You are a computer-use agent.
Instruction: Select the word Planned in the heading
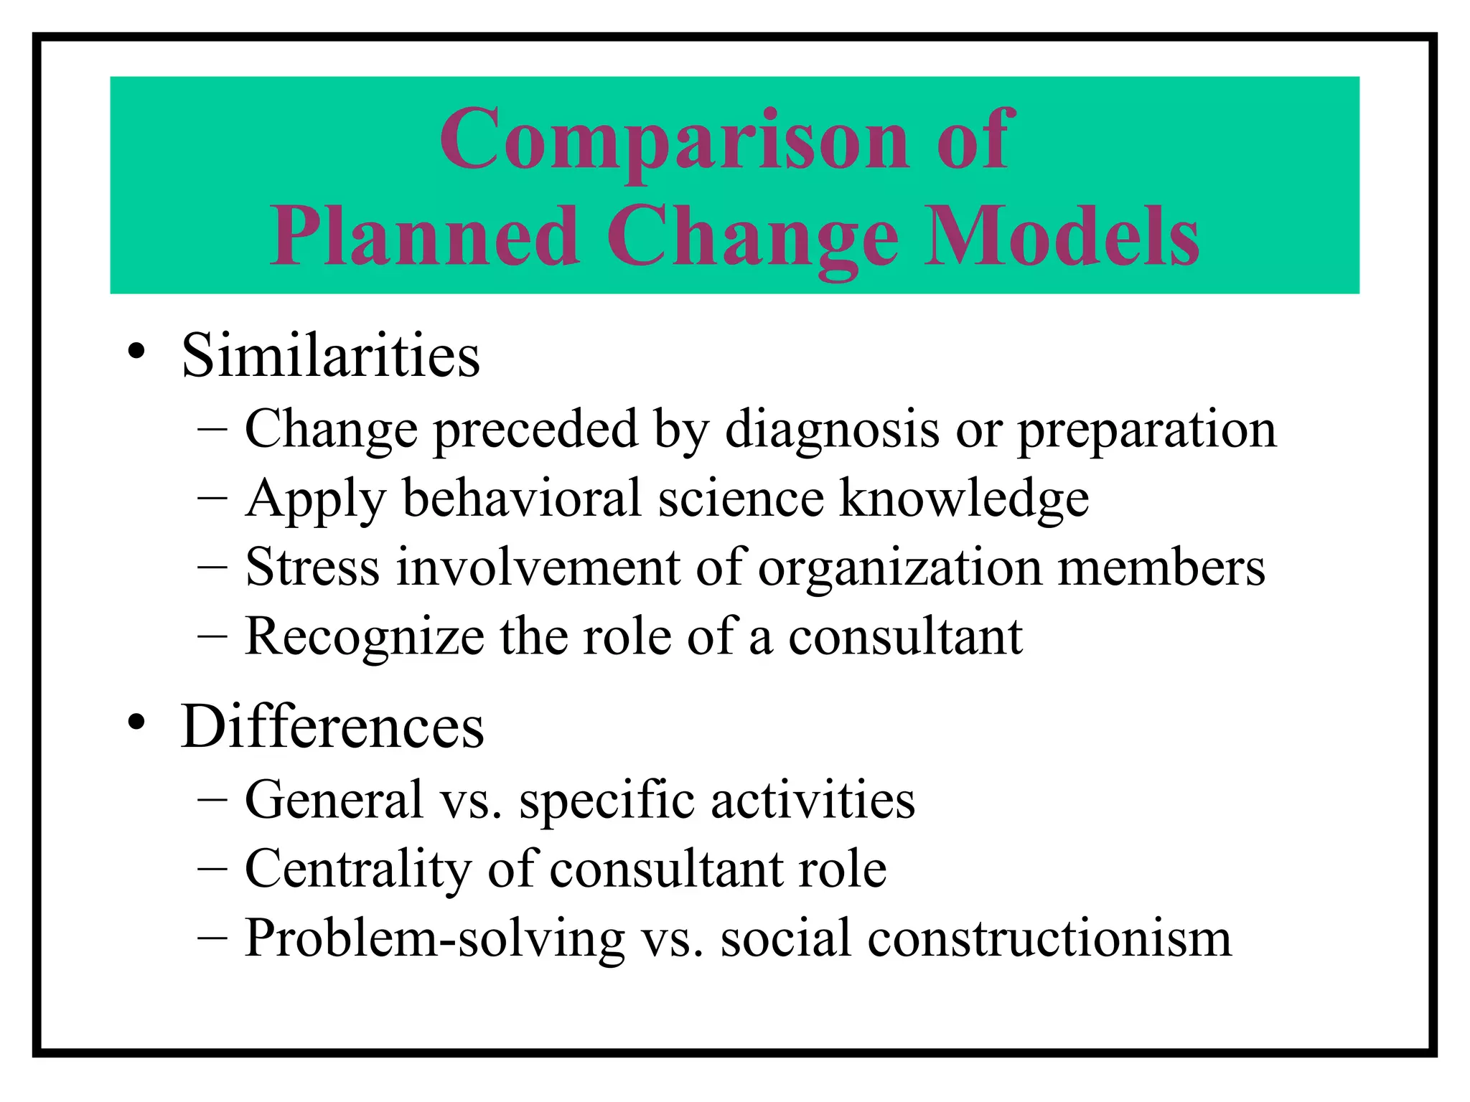[x=425, y=237]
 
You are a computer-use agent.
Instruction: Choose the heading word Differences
[x=332, y=726]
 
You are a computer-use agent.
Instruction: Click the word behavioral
[x=522, y=498]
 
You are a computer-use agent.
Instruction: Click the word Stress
[x=312, y=567]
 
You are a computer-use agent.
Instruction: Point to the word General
[x=334, y=799]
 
